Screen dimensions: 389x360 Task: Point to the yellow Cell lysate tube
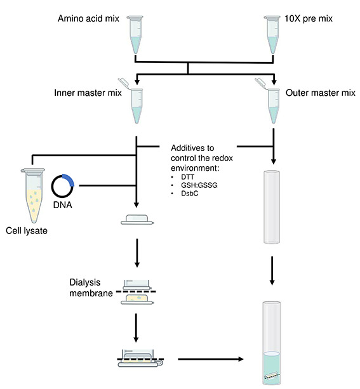coord(29,196)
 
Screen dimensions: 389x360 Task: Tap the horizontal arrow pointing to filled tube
coord(210,360)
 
